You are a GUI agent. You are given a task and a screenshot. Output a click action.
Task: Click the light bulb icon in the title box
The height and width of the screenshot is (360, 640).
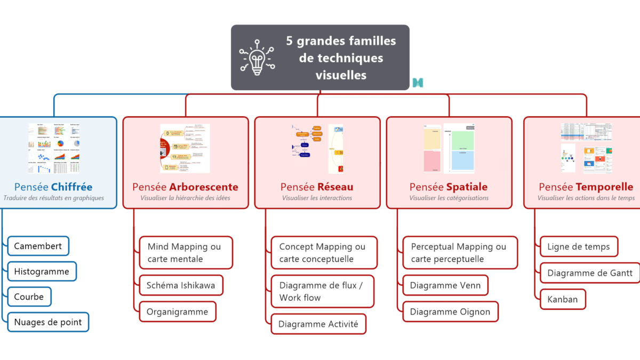257,57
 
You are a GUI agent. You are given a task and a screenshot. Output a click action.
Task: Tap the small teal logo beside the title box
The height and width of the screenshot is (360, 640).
418,82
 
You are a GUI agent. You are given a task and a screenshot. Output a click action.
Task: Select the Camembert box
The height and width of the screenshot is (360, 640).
38,246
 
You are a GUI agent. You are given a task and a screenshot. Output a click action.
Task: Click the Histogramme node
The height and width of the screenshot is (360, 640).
42,271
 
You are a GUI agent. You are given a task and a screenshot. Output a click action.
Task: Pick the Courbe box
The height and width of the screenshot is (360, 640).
29,297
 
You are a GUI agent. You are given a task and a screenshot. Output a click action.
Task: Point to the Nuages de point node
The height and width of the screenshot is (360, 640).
48,322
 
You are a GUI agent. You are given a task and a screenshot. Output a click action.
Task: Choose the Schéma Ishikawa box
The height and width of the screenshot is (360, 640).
181,285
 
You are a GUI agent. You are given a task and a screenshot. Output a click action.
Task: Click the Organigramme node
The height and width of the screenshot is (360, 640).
178,311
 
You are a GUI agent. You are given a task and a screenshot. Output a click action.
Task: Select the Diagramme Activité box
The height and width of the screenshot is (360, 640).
318,324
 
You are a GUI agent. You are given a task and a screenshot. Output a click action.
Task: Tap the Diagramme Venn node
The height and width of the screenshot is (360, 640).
445,285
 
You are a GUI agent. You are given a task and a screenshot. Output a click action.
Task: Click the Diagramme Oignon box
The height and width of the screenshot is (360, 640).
450,311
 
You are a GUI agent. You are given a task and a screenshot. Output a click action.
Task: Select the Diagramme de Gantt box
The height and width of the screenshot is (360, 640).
590,273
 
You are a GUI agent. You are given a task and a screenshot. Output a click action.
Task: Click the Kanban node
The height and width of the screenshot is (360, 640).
563,299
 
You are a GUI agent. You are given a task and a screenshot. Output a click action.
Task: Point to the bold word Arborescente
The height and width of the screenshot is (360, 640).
204,187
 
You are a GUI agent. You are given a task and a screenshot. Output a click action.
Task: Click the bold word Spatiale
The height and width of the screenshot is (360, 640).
467,187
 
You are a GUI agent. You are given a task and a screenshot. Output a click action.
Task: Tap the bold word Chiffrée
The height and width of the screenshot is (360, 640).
71,187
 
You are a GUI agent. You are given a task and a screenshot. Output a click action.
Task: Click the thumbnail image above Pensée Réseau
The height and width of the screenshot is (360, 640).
317,149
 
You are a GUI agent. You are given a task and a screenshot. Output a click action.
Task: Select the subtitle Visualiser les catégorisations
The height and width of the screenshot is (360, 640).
449,198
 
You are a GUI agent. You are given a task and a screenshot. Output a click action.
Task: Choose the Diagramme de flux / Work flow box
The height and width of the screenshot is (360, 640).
322,291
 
